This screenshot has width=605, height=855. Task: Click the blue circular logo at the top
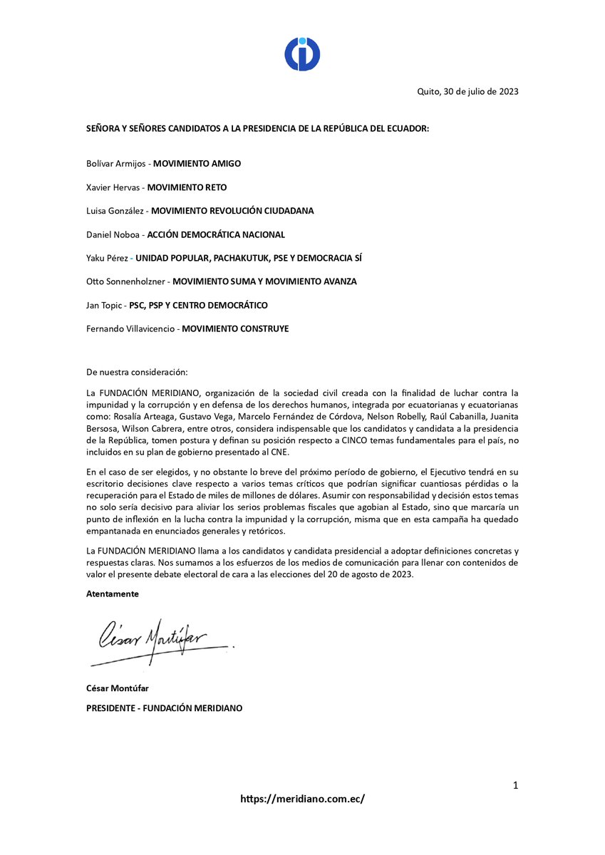302,54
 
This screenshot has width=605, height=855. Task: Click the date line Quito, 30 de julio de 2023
467,91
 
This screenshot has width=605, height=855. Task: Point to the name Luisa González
115,211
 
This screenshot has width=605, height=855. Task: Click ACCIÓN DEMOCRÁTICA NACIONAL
216,234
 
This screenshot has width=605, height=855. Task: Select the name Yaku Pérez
106,258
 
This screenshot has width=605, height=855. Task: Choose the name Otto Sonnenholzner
125,281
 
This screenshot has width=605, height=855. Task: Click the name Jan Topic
103,305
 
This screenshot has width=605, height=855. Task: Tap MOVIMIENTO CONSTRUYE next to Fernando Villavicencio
235,328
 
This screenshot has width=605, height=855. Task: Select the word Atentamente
113,594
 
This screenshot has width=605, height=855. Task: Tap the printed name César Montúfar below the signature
118,688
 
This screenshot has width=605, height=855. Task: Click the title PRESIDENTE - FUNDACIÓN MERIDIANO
164,708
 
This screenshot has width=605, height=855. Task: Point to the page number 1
514,786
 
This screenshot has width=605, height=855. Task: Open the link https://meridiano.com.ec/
302,799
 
